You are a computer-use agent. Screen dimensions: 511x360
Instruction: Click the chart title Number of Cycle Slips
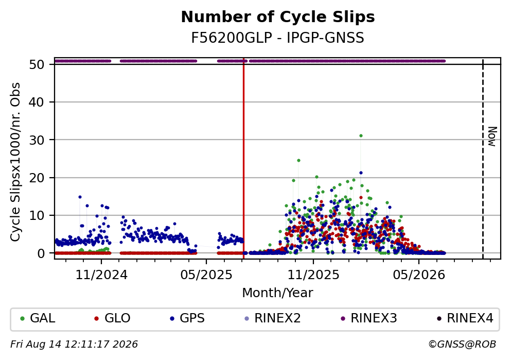tap(278, 17)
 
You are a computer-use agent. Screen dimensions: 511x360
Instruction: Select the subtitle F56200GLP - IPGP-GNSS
tap(278, 38)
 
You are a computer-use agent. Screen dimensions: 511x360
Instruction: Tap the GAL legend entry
tap(38, 318)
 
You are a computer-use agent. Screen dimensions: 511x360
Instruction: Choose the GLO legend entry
tap(112, 318)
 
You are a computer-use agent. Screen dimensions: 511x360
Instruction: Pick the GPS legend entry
tap(187, 318)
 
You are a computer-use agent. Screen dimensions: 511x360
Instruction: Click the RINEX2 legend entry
tap(273, 318)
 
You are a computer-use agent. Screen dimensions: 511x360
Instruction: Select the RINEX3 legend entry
tap(369, 318)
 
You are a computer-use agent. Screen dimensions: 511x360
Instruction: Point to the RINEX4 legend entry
tap(465, 318)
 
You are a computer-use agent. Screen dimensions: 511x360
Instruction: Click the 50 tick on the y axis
tap(37, 64)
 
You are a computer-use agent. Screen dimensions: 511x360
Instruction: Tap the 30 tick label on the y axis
tap(37, 140)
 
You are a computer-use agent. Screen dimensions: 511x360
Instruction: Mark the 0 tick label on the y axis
tap(41, 253)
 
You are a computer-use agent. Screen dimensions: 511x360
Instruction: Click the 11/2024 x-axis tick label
tap(101, 275)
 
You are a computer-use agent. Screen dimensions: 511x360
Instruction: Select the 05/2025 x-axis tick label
tap(206, 275)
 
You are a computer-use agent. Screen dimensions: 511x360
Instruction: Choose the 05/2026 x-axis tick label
tap(419, 275)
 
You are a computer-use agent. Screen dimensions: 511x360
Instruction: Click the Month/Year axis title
tap(278, 293)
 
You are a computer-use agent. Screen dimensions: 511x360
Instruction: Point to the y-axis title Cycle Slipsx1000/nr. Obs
tap(15, 162)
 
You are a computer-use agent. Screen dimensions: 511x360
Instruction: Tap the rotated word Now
tap(492, 136)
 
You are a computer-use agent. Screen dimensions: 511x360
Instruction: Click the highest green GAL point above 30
tap(361, 135)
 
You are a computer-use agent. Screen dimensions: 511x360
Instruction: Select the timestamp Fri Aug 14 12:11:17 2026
tap(74, 345)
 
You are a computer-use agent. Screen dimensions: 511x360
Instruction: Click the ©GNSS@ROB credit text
tap(462, 345)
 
